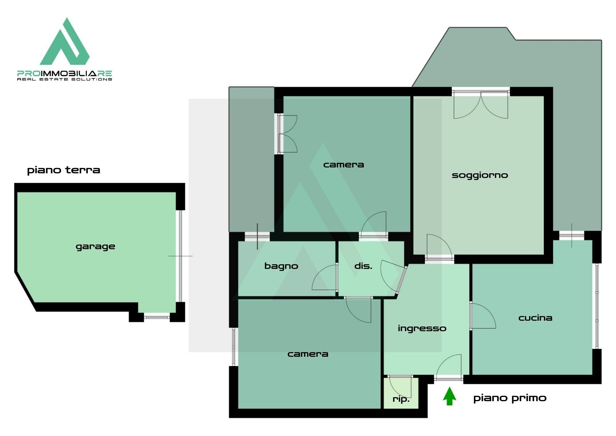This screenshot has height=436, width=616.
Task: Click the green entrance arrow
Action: (x=449, y=396)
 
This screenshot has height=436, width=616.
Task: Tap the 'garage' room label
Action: (x=95, y=247)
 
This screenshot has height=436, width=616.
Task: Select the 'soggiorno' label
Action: (x=480, y=175)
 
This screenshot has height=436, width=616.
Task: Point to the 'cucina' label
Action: (x=535, y=318)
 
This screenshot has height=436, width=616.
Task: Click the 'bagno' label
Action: (x=281, y=266)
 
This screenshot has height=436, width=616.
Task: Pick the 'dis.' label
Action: (x=363, y=265)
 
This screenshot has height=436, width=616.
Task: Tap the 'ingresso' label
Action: (x=422, y=329)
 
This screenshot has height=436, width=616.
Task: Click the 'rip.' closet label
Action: (x=401, y=399)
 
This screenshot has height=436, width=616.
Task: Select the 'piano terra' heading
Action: (x=63, y=170)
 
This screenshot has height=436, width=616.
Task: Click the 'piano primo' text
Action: (x=510, y=398)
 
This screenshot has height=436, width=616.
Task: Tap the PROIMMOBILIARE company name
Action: (x=64, y=73)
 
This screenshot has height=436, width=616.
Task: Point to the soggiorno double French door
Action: (x=481, y=105)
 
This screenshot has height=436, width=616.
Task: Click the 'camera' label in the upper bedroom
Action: (x=343, y=165)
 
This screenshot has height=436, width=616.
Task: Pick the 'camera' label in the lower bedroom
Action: (x=308, y=354)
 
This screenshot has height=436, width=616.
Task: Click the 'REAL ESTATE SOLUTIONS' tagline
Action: (x=64, y=79)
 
